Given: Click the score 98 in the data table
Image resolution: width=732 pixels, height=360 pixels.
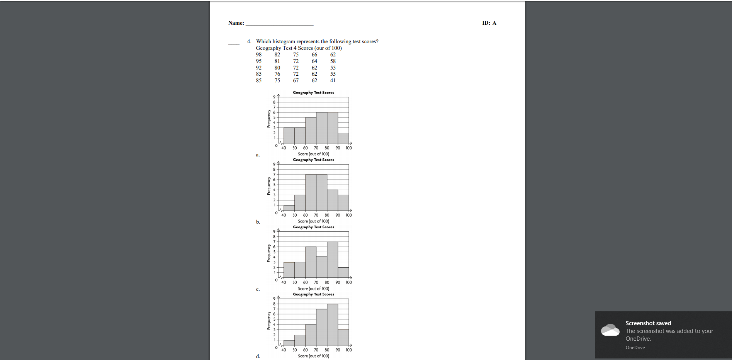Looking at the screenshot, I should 258,54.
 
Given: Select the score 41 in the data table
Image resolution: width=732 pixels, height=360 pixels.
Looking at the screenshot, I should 333,80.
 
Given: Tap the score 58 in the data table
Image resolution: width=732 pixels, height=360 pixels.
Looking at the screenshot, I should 333,61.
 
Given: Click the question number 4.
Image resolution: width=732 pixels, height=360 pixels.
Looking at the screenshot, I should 249,41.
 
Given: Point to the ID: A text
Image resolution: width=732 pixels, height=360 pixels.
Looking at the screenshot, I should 489,23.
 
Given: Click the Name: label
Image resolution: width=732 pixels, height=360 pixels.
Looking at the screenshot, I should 236,23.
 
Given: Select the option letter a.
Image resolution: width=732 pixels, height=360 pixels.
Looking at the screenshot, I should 258,155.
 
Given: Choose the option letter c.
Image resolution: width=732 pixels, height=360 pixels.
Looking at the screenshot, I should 258,289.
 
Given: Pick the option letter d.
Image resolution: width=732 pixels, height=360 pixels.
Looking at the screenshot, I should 258,356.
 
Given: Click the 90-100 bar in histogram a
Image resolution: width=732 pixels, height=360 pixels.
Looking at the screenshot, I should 343,138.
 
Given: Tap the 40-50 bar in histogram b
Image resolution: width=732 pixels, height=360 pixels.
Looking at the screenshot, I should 289,208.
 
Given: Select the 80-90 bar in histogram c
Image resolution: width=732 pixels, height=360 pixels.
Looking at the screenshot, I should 333,260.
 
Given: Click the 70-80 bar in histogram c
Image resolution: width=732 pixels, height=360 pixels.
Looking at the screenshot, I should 322,267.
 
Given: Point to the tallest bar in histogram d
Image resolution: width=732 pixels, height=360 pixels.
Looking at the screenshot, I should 333,324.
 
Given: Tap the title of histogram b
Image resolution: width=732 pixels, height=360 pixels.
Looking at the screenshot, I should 313,160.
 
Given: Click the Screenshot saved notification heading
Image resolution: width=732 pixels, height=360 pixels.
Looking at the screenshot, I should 648,323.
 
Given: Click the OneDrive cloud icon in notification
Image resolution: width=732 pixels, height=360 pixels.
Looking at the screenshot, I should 610,330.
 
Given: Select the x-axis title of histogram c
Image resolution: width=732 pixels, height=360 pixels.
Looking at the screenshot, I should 313,289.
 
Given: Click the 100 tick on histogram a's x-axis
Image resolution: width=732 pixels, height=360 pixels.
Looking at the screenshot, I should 348,148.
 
